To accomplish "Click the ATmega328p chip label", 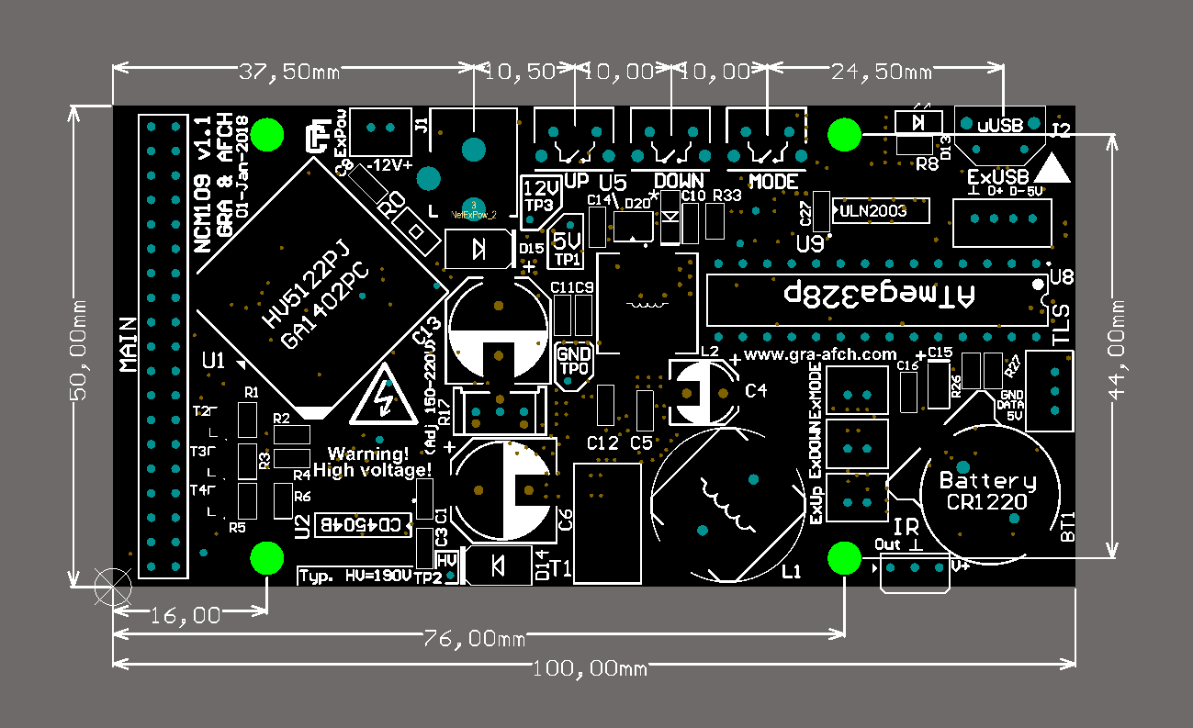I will (877, 295).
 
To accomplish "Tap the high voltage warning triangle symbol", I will (386, 399).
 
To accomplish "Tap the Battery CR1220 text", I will (987, 491).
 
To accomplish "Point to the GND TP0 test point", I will (574, 361).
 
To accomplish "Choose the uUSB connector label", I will (999, 126).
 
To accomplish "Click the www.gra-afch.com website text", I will (819, 353).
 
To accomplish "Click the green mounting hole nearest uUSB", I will (844, 135).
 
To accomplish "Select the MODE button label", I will (772, 181).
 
